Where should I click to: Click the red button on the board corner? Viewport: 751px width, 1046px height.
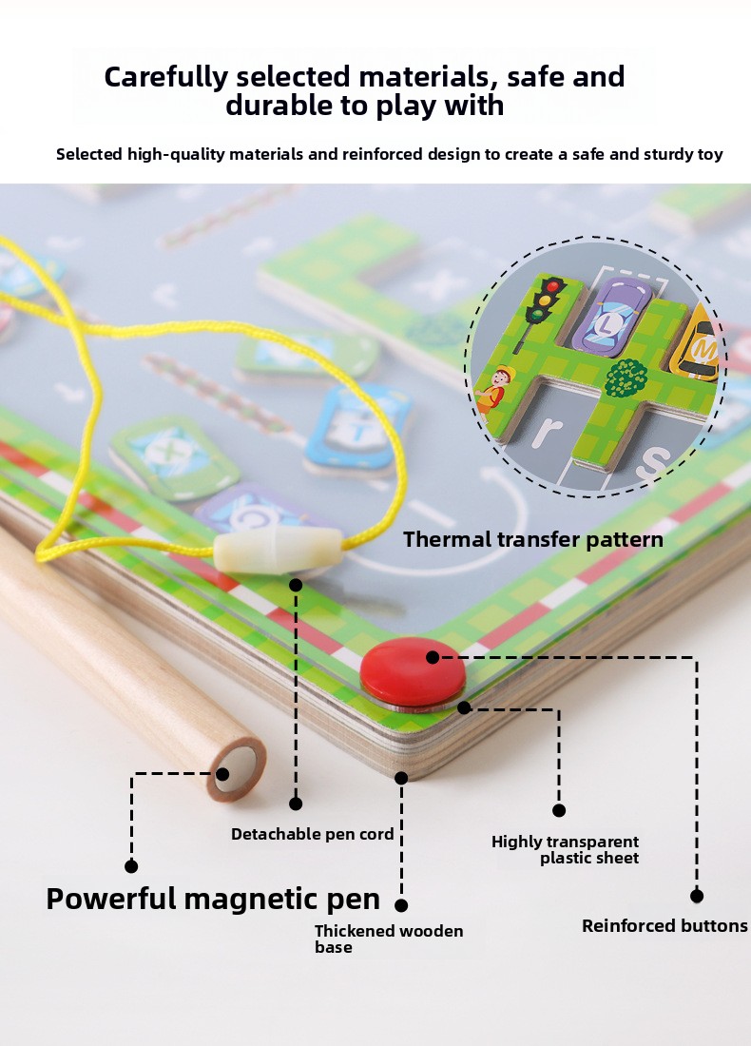(x=413, y=672)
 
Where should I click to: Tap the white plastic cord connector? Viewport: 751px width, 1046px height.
(x=279, y=551)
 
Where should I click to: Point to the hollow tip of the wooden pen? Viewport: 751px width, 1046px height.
(x=238, y=767)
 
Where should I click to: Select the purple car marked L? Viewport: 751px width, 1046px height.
(x=610, y=317)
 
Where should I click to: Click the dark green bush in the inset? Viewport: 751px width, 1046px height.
(x=626, y=378)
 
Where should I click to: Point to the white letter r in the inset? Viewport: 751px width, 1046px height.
(x=545, y=432)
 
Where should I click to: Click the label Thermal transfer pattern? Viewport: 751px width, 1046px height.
(x=533, y=540)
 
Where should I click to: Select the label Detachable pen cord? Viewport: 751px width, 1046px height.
(x=312, y=834)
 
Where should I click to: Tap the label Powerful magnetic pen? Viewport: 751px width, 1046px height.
(x=213, y=899)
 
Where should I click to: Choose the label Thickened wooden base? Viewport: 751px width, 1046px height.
(x=389, y=939)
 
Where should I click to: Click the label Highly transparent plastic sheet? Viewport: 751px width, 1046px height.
(x=565, y=849)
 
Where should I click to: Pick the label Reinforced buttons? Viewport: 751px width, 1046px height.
(x=664, y=925)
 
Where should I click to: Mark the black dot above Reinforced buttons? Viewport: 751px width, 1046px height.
(x=696, y=896)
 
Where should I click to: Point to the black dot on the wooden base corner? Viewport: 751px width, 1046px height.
(x=401, y=778)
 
